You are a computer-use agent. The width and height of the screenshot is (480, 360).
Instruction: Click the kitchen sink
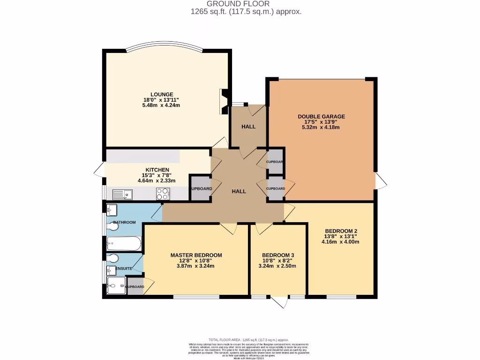[x=123, y=193]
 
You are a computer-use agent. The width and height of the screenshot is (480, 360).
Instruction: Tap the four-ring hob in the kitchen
[x=163, y=193]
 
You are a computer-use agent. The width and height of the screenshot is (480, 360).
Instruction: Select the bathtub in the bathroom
[x=123, y=242]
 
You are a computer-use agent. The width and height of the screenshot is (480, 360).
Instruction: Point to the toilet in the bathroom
[x=112, y=227]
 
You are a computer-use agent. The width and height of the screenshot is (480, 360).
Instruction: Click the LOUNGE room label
[x=161, y=94]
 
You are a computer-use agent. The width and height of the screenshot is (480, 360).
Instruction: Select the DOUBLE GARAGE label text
[x=321, y=116]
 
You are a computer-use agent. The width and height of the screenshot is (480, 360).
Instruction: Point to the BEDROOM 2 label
[x=341, y=231]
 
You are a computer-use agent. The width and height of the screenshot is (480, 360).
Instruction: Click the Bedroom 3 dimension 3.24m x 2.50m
[x=277, y=266]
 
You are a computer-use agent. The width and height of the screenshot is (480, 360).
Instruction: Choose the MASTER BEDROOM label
[x=196, y=255]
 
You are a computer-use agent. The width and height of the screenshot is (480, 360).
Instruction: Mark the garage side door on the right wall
[x=381, y=180]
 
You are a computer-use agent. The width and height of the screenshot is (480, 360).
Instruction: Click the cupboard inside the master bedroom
[x=135, y=286]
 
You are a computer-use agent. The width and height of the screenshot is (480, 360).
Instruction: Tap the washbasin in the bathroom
[x=112, y=209]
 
